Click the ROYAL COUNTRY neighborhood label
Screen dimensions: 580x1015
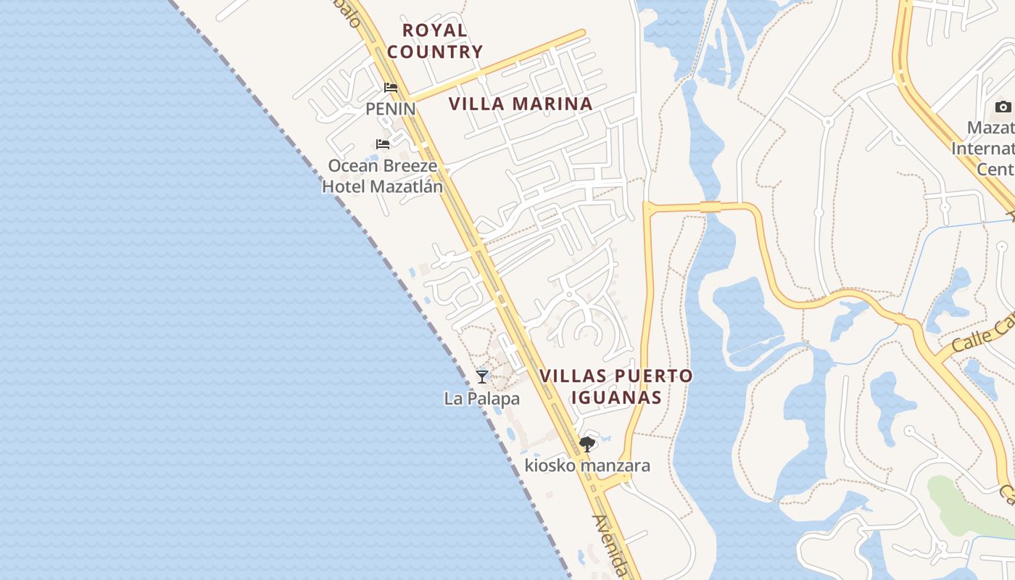tap(434, 41)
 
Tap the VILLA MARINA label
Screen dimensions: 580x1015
tap(521, 104)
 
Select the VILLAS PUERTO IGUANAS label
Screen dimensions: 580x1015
tap(616, 386)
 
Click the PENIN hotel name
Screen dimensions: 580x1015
tap(390, 109)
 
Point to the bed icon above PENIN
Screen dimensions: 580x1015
tap(391, 88)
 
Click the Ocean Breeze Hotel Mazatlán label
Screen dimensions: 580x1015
tap(382, 176)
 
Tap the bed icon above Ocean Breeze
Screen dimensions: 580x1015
tap(383, 144)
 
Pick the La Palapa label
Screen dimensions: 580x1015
tap(482, 399)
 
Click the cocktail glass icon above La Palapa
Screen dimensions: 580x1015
tap(482, 376)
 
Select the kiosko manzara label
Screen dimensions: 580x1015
tap(587, 465)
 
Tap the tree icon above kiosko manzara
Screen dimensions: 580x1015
tap(587, 444)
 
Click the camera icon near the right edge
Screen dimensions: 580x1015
tap(1003, 107)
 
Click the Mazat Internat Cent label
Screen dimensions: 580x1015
tap(983, 149)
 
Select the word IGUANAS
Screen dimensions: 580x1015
tap(616, 397)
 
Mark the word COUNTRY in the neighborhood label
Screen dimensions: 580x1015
tap(434, 51)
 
